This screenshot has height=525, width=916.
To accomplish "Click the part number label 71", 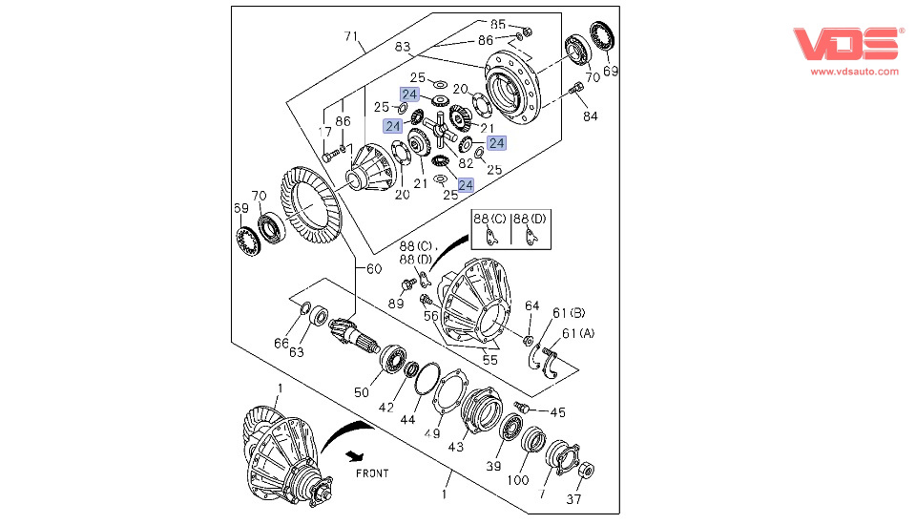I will tap(353, 37).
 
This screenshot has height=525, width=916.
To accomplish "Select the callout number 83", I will tap(402, 46).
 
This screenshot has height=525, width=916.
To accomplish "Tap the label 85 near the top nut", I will tap(498, 23).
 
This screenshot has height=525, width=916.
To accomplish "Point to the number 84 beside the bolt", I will tap(591, 117).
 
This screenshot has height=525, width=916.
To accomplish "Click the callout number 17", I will tap(325, 132).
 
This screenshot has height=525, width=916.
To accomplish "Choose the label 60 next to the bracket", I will tap(373, 268).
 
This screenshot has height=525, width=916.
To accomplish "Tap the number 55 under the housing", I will tap(489, 360).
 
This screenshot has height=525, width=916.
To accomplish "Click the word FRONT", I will tap(372, 473).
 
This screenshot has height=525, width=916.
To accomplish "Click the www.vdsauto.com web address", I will tap(854, 72).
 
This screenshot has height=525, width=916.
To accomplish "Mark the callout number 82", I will tap(466, 163).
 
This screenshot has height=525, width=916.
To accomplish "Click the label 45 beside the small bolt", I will tap(557, 412).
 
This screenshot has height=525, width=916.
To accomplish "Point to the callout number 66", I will tap(281, 343).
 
